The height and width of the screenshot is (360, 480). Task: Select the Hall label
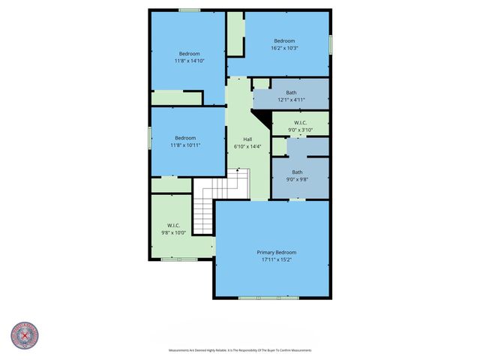pyautogui.click(x=247, y=139)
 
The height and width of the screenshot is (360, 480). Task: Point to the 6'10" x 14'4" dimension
pyautogui.click(x=247, y=147)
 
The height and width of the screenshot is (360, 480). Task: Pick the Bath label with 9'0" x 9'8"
pyautogui.click(x=297, y=172)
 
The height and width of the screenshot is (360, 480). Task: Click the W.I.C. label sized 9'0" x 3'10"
pyautogui.click(x=300, y=122)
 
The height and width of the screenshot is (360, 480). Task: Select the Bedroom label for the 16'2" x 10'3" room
pyautogui.click(x=284, y=40)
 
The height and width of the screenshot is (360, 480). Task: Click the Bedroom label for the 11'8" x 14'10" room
pyautogui.click(x=189, y=53)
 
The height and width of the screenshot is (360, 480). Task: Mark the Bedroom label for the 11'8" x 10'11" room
pyautogui.click(x=185, y=137)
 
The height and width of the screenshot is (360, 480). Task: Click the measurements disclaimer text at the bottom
pyautogui.click(x=240, y=350)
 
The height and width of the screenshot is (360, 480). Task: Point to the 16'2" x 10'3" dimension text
pyautogui.click(x=284, y=48)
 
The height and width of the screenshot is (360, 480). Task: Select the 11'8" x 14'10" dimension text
pyautogui.click(x=189, y=61)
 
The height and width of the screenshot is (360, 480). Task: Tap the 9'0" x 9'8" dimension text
pyautogui.click(x=297, y=179)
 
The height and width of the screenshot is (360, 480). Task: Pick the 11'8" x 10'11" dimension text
pyautogui.click(x=185, y=145)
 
